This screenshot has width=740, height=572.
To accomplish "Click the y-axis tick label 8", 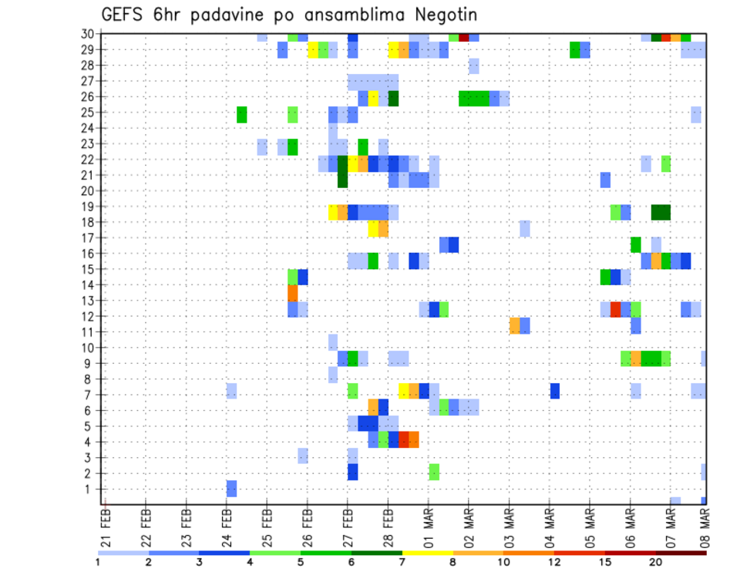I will (90, 379).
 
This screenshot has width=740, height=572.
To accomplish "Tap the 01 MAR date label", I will (429, 523).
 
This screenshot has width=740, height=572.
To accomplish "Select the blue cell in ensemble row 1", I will (231, 488).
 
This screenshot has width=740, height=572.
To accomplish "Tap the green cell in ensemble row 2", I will (434, 472).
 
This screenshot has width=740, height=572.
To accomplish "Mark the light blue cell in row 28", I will (473, 66).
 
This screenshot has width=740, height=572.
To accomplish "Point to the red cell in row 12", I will (615, 308).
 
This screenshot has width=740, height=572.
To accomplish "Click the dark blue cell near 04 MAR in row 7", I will (555, 391).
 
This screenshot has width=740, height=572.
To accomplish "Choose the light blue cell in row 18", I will (524, 228).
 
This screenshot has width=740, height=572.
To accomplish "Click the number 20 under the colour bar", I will (656, 562).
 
